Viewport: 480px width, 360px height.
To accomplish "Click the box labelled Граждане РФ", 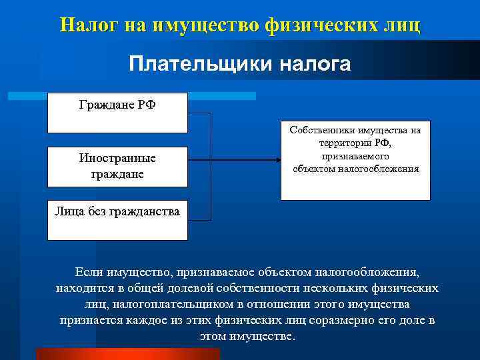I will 117,113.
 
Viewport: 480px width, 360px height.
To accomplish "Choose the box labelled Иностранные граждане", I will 117,166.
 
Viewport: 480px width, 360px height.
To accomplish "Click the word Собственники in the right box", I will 321,131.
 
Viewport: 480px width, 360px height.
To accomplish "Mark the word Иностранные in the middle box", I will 117,159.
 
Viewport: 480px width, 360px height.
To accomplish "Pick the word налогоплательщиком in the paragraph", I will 171,304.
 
